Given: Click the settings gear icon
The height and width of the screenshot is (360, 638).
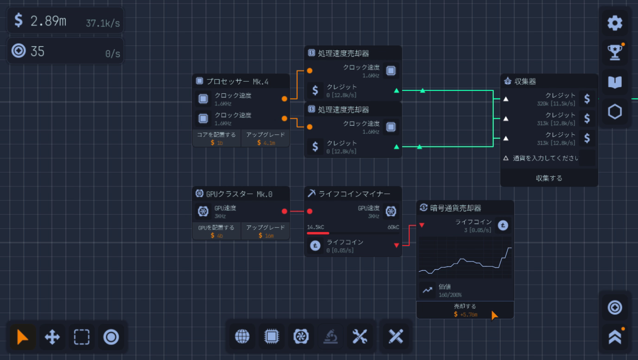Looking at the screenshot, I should [615, 23].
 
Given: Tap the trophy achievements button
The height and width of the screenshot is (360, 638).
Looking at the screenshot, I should [615, 53].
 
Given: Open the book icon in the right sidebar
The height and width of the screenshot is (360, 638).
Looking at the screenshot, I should [615, 83].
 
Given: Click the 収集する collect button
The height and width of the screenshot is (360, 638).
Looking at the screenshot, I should [549, 178].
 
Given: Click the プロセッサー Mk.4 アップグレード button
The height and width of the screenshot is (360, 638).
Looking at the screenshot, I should [266, 138].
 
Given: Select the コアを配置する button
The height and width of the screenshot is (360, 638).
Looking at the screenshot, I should [217, 138].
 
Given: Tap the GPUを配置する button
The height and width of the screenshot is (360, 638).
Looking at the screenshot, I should [217, 231].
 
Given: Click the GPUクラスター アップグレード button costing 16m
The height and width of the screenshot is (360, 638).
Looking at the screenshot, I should [266, 231].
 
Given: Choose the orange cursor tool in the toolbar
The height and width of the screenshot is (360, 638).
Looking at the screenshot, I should [22, 337].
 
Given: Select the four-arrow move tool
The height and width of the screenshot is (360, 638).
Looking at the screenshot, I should [52, 337].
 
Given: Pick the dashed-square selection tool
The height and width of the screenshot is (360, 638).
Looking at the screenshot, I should [82, 337].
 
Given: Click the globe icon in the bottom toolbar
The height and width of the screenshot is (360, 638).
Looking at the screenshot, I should [242, 336].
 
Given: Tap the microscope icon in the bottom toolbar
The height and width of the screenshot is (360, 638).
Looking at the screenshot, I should [330, 336].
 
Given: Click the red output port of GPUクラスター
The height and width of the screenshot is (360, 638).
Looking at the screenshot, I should [284, 212].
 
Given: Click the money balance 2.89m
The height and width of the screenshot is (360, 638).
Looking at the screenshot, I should [48, 20].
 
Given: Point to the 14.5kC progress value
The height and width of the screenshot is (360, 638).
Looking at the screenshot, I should [315, 227].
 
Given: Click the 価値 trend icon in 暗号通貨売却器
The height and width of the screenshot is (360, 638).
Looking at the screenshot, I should [427, 290].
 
